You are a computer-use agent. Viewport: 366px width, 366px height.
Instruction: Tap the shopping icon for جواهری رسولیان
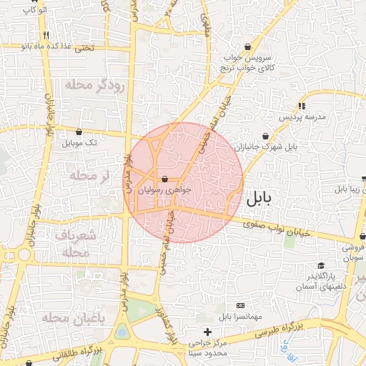point(165,179)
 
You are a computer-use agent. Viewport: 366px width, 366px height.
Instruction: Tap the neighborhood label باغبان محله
point(74,317)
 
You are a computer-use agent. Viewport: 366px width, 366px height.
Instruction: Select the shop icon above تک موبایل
point(79,132)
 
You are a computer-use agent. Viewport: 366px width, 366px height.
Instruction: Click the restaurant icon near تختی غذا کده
point(46,35)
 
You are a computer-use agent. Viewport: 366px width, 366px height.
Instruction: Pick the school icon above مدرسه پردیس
point(302,106)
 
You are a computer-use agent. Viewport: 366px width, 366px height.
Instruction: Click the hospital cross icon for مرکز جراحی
point(207,332)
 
